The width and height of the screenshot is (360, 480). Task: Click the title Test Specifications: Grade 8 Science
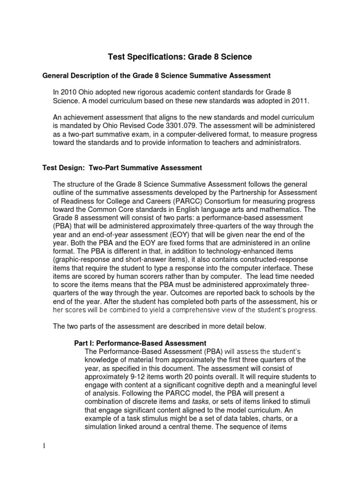180,57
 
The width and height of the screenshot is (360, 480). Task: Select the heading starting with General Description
157,75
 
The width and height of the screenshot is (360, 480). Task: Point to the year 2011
287,101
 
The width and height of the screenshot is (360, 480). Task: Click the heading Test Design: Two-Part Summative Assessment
122,167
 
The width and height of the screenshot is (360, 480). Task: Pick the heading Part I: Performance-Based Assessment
141,344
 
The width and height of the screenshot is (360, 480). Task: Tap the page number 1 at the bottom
44,445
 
